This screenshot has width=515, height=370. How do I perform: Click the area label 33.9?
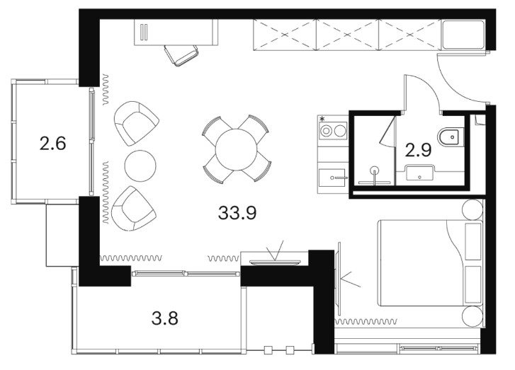click(x=237, y=212)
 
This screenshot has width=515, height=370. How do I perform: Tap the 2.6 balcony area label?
click(x=52, y=144)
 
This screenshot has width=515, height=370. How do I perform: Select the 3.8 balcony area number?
click(x=165, y=318)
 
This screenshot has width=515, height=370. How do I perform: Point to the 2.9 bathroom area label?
click(x=418, y=150)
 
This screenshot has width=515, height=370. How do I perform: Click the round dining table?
click(x=236, y=149)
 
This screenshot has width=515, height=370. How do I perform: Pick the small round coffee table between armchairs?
click(x=140, y=166)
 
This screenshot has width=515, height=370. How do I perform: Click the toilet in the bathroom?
click(x=451, y=137)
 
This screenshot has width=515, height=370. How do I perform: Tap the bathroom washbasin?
click(x=419, y=173)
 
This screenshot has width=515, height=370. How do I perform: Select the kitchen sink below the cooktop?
click(x=333, y=178)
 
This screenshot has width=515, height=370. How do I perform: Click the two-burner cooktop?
click(x=333, y=131)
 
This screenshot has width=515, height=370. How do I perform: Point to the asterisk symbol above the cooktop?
click(x=322, y=118)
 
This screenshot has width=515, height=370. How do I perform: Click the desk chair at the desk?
click(x=181, y=55)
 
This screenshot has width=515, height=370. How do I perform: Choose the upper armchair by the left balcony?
click(x=136, y=123)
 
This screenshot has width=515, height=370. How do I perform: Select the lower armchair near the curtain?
click(x=134, y=209)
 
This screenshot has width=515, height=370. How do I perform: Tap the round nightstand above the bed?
click(x=472, y=209)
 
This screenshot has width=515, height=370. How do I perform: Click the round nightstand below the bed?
click(x=472, y=316)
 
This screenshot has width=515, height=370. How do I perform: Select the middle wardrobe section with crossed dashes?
click(x=348, y=35)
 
